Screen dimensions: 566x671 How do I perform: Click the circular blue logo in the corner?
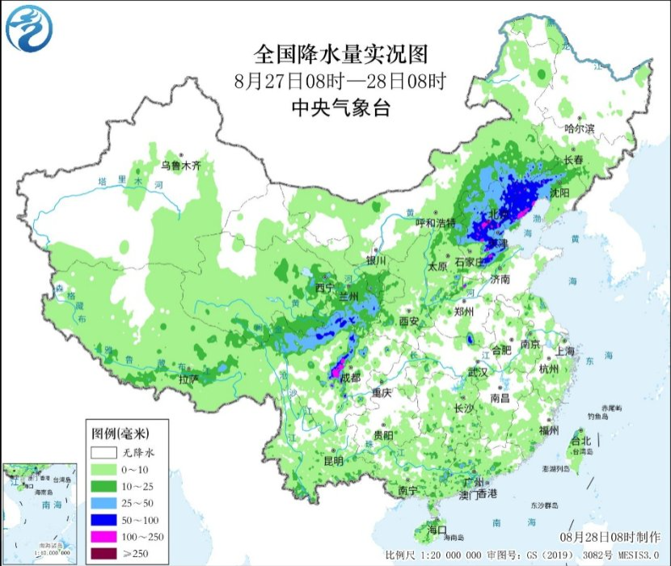click(29, 29)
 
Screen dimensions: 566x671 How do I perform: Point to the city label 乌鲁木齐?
click(179, 166)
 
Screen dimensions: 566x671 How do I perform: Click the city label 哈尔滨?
click(579, 128)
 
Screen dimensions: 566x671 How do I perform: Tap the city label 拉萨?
click(188, 378)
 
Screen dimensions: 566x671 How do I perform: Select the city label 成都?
click(349, 379)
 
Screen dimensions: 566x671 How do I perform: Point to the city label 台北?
click(580, 441)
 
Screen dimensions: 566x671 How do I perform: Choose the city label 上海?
click(565, 351)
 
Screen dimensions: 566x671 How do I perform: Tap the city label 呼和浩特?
click(435, 223)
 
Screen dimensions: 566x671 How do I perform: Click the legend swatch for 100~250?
click(105, 535)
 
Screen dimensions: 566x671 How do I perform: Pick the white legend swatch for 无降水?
click(105, 451)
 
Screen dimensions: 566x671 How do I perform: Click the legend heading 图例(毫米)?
click(120, 433)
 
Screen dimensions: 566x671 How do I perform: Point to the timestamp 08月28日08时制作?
click(610, 537)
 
